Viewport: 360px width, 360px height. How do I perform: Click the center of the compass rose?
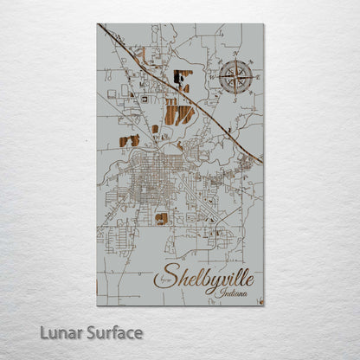234,77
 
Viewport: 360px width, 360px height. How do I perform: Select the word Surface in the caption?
109,332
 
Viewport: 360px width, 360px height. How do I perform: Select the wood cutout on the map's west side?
130,140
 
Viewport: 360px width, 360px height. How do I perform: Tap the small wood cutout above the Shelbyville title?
162,219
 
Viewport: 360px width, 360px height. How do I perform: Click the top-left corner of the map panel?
98,24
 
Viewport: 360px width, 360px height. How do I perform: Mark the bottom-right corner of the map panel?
263,305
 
